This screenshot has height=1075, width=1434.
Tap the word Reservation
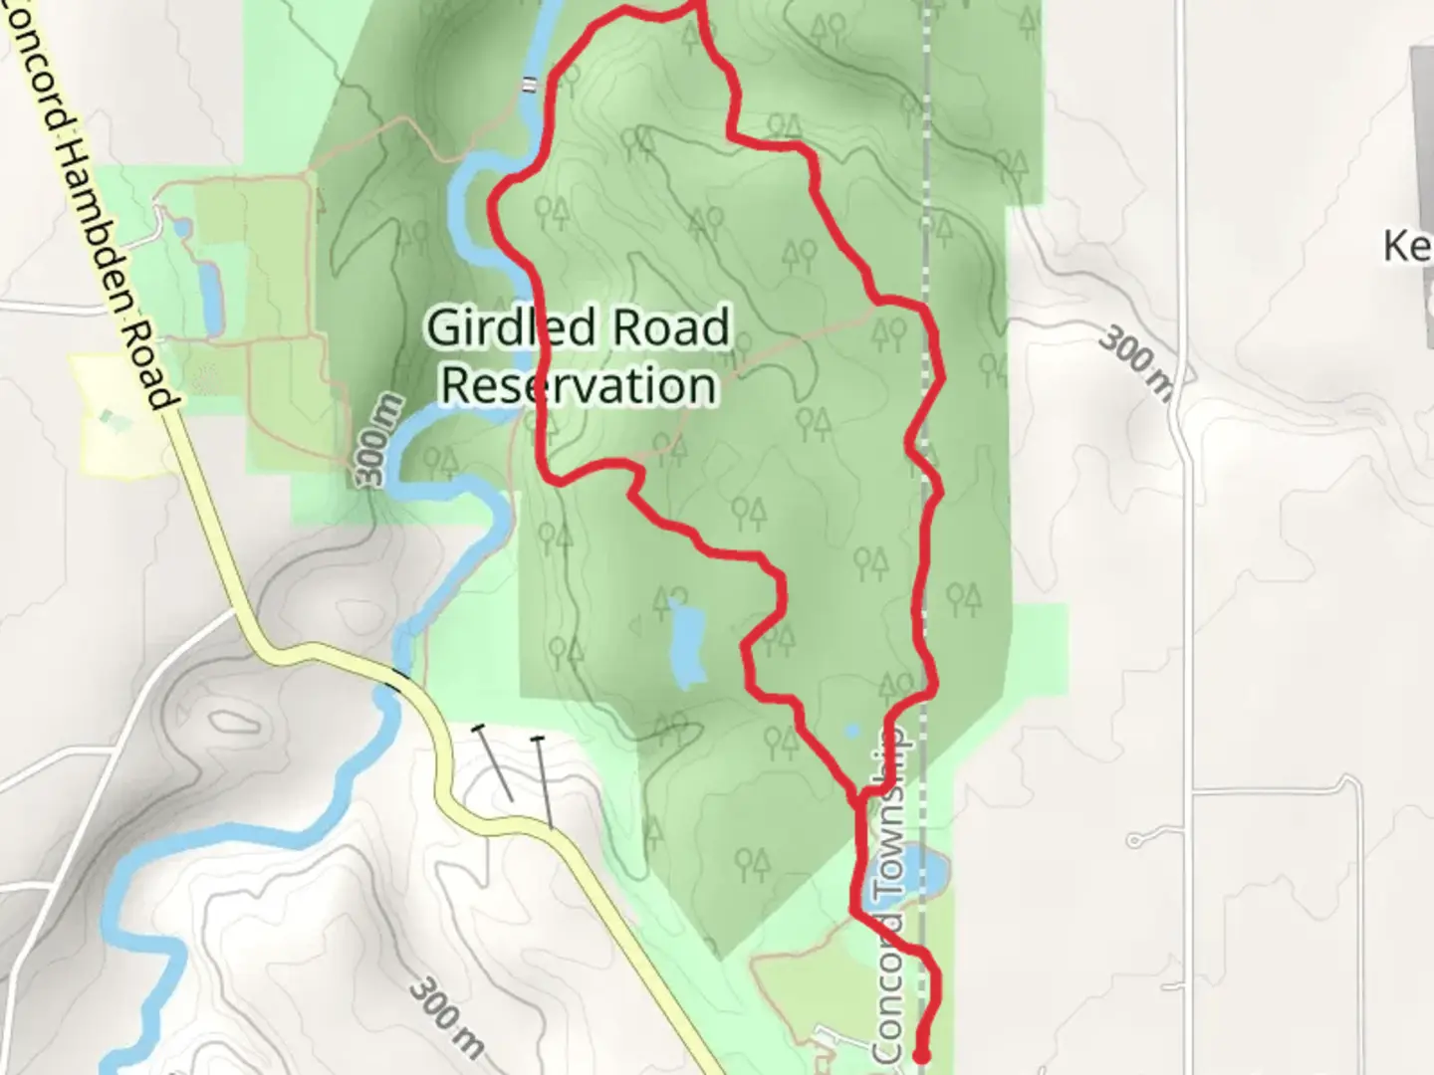tap(579, 385)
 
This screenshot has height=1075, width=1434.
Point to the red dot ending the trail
tap(921, 1055)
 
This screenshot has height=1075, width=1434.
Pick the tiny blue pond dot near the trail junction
tap(851, 731)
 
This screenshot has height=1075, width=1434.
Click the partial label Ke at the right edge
tap(1406, 245)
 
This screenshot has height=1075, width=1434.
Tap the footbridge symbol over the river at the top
tap(529, 84)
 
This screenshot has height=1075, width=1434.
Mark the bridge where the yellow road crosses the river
tap(398, 680)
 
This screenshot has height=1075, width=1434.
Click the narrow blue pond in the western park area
tap(210, 297)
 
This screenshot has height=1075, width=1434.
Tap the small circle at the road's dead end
tap(1134, 842)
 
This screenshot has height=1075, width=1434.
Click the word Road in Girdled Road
tap(671, 327)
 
